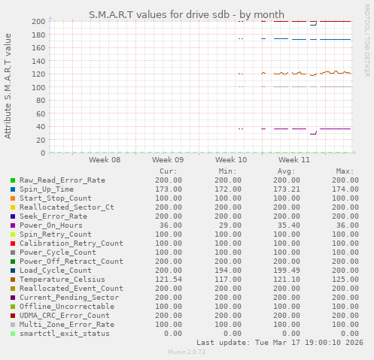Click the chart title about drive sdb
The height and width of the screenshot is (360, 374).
(x=187, y=14)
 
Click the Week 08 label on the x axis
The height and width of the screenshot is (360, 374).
(x=104, y=160)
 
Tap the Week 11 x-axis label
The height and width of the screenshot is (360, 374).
(x=293, y=160)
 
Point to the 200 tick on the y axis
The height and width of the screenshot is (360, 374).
(x=38, y=21)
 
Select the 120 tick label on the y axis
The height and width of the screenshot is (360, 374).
(x=38, y=74)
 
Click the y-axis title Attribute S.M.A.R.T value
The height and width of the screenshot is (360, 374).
(x=8, y=86)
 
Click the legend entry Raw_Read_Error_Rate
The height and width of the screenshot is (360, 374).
(x=62, y=180)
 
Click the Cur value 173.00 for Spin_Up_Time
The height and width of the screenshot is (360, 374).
(x=166, y=189)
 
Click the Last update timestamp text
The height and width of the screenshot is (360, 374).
(x=278, y=342)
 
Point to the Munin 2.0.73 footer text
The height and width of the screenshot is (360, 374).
(x=186, y=352)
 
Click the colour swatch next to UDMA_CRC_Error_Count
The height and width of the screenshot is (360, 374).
(x=13, y=316)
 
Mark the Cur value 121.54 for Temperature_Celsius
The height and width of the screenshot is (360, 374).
(x=166, y=280)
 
